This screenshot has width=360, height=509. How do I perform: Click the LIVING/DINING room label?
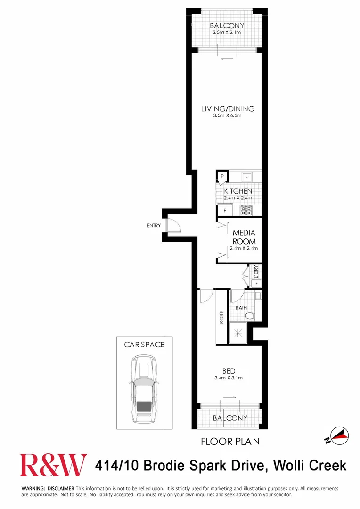228,109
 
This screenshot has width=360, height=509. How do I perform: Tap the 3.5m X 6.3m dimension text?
228,116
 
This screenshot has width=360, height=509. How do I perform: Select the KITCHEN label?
238,191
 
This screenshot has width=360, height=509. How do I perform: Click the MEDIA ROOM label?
244,237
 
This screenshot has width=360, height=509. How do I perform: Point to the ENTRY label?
154,226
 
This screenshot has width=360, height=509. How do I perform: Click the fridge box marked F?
225,211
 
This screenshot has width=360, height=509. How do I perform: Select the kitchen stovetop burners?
246,211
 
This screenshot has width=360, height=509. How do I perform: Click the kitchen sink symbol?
246,177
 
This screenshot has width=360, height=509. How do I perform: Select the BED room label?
229,371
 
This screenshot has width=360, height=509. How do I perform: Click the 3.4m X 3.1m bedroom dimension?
229,378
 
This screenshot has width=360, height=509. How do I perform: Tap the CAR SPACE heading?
144,345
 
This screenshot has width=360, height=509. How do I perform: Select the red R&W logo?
53,466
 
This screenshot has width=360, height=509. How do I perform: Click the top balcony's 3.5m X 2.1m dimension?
227,33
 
